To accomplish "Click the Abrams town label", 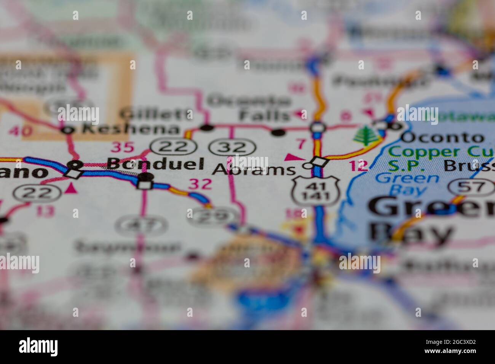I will point(254,169).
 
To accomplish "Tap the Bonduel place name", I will point(155,163).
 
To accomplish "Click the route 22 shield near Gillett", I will point(172,146).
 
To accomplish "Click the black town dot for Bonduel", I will point(145,177).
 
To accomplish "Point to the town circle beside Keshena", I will point(67,130).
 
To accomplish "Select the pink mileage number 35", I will point(122,147).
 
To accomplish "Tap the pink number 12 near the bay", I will point(358,166).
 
